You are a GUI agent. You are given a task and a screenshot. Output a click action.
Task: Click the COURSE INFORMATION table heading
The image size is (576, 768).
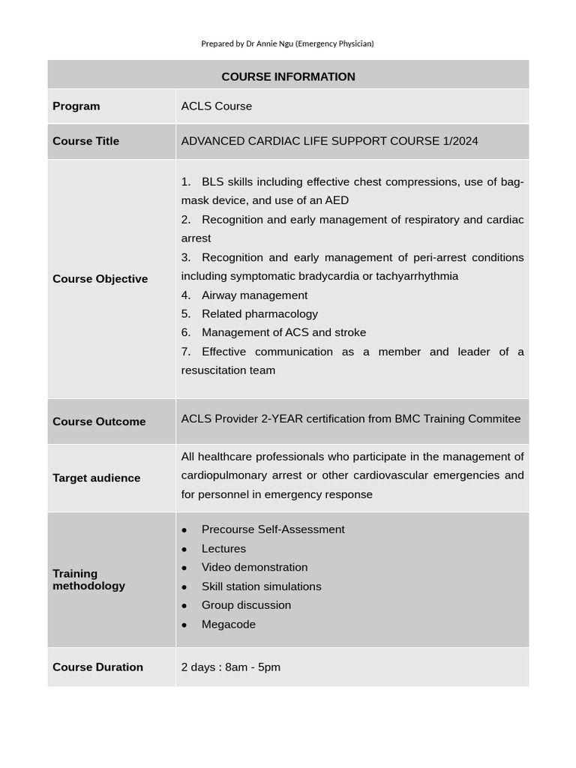click(x=288, y=76)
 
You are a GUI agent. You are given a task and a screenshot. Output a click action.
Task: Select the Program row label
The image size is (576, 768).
click(x=76, y=106)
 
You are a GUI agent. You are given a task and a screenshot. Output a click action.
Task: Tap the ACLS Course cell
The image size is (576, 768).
click(x=216, y=106)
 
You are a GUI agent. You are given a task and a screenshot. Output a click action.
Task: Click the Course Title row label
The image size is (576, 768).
click(x=85, y=141)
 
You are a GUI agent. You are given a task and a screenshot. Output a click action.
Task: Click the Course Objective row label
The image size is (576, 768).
click(x=100, y=279)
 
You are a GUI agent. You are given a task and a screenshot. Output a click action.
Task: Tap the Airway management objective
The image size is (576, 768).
click(x=254, y=295)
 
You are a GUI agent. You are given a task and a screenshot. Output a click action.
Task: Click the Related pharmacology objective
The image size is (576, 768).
click(x=259, y=314)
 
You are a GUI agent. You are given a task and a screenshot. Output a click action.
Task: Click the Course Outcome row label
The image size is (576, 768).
click(x=99, y=421)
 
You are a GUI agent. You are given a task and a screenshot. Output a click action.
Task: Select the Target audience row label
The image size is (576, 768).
click(x=96, y=478)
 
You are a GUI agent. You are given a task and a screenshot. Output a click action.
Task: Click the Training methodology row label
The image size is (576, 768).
click(x=88, y=580)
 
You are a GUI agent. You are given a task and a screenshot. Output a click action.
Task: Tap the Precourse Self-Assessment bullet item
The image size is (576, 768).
click(x=273, y=529)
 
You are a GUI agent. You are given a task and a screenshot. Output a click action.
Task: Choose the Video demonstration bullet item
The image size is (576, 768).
click(x=254, y=568)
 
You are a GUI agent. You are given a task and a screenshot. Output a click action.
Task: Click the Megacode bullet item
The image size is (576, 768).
click(x=228, y=625)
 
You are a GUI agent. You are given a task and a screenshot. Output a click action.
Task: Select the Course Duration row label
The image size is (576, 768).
click(x=97, y=667)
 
